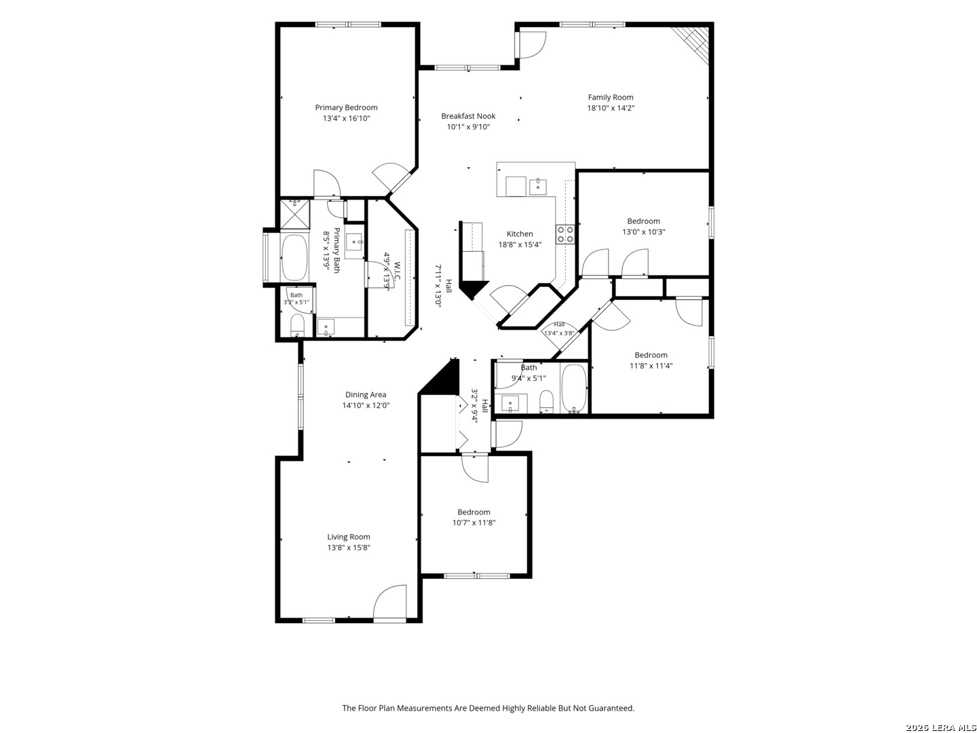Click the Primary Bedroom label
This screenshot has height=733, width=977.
click(346, 108)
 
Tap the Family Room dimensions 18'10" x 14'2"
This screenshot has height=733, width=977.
click(610, 108)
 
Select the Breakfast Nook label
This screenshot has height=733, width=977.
click(468, 116)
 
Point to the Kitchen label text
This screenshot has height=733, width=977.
click(520, 234)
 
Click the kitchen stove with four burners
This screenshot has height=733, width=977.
click(565, 235)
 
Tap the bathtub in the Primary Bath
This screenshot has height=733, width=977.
click(294, 258)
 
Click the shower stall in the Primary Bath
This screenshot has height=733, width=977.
click(294, 214)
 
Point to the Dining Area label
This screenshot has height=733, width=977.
click(366, 395)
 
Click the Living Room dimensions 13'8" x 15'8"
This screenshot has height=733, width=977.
click(349, 548)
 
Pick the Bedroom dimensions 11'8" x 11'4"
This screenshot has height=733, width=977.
click(651, 366)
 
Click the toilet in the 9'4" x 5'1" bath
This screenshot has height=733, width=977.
click(546, 402)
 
